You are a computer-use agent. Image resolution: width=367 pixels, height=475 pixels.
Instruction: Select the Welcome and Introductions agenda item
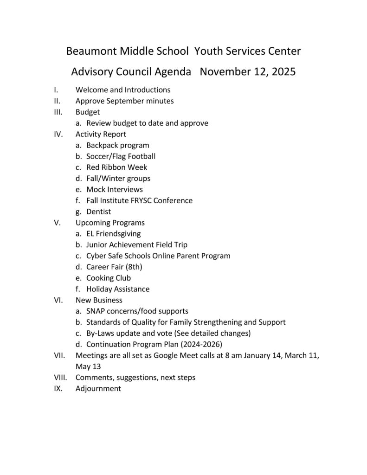123,90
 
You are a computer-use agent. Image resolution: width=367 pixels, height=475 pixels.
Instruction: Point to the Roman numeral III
58,112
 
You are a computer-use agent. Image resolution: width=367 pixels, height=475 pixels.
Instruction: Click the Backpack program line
118,146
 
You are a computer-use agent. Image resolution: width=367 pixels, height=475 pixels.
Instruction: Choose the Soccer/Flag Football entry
121,156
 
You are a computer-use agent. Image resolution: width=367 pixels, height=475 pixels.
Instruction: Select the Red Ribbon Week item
116,167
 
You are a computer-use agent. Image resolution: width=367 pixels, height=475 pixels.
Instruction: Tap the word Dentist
99,212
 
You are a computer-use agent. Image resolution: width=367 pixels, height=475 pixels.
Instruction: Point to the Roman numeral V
57,223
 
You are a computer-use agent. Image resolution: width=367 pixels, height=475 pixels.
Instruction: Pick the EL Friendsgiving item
113,234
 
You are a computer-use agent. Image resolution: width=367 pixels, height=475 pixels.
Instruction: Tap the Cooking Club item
109,278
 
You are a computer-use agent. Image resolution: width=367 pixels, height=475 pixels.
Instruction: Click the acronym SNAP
97,311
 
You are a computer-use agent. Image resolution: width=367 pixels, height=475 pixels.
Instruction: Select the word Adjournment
98,389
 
